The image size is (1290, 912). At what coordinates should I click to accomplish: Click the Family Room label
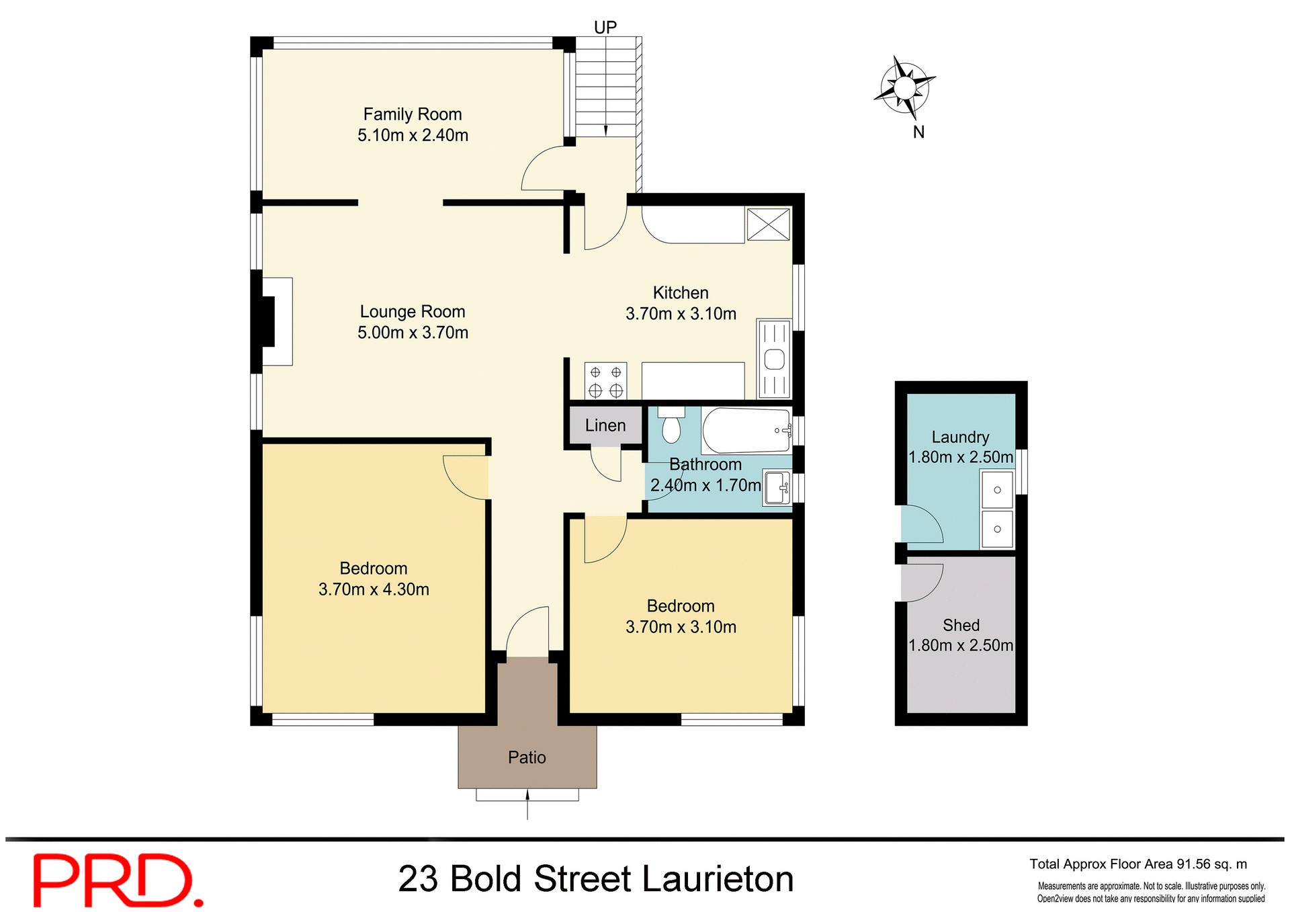[412, 114]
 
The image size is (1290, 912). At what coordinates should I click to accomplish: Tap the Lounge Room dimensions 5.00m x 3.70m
[413, 333]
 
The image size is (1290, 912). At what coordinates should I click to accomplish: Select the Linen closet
[605, 425]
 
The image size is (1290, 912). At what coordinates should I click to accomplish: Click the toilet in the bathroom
[671, 427]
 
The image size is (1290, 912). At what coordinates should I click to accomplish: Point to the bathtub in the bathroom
[746, 431]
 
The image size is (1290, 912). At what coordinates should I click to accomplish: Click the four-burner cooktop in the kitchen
[605, 381]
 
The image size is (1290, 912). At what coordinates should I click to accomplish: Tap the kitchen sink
[774, 360]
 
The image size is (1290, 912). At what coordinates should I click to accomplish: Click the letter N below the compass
[918, 132]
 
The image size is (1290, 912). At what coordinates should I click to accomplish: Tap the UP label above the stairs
[605, 28]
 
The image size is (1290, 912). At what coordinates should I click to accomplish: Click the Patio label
[527, 757]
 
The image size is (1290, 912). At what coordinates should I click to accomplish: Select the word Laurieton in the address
[717, 879]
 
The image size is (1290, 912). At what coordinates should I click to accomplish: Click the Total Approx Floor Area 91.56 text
[1137, 864]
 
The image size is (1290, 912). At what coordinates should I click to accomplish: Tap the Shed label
[961, 626]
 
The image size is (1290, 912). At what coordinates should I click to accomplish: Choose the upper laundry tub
[997, 490]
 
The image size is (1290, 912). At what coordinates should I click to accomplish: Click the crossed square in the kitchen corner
[768, 224]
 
